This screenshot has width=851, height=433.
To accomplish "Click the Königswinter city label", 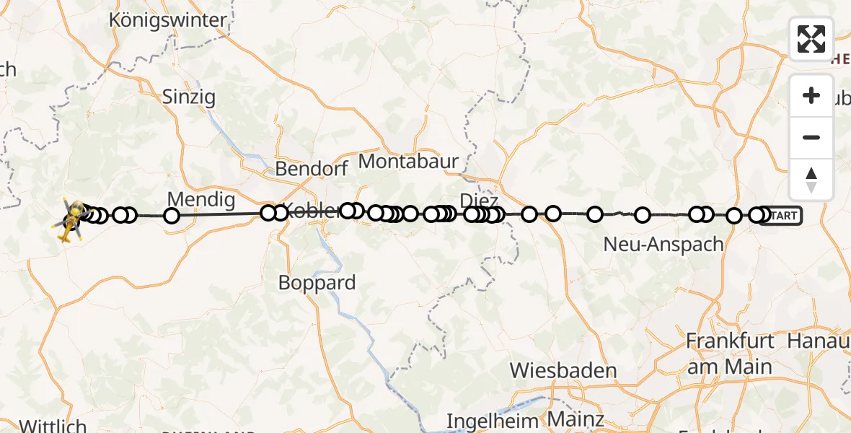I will [x=168, y=20].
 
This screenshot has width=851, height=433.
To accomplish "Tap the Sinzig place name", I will [x=188, y=97].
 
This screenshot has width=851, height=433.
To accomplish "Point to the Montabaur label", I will [x=408, y=162].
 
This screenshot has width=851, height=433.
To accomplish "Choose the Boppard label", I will [x=317, y=283].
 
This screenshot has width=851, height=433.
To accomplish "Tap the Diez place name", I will [x=480, y=200].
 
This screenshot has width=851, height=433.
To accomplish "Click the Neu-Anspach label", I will [x=663, y=245].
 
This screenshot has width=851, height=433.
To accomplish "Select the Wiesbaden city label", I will [x=563, y=372].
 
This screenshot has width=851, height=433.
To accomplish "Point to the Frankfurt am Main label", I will [x=730, y=354].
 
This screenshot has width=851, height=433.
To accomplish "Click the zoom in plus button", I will [x=811, y=96].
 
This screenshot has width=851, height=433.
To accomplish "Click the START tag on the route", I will [x=782, y=215].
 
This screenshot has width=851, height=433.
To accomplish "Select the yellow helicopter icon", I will [x=70, y=219].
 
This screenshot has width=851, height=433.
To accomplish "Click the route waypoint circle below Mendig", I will [x=172, y=215].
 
